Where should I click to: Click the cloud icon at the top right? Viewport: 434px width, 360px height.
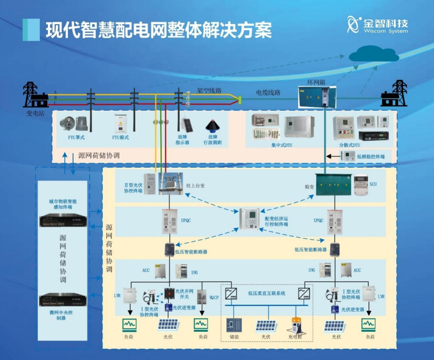pos(373,55)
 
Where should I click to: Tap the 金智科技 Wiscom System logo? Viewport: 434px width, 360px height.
pos(378,25)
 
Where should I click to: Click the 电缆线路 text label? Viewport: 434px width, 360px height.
pos(268,93)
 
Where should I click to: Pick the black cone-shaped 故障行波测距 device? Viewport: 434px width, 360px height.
pos(212,125)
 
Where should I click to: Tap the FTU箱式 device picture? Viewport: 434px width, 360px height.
pos(121,124)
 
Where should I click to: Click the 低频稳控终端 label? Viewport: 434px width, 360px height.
pos(371,156)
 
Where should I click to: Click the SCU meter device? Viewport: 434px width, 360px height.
pos(361,185)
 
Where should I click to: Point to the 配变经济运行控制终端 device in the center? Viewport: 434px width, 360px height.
pos(249,219)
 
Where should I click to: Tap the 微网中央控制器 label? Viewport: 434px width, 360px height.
pos(63,315)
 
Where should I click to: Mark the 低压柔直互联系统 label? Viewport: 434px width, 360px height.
pos(266,293)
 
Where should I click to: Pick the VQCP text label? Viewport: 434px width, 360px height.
pos(214,298)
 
